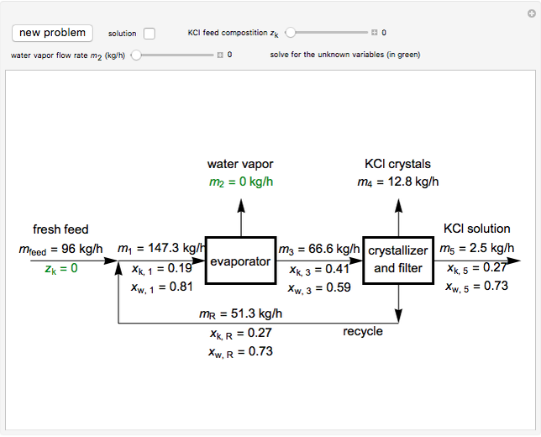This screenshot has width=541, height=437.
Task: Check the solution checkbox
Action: click(150, 34)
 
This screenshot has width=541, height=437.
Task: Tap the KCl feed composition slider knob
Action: click(290, 33)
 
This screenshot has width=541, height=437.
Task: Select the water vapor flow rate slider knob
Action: click(135, 55)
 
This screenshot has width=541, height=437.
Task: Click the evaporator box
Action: click(241, 261)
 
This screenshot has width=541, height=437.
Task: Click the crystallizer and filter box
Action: click(398, 260)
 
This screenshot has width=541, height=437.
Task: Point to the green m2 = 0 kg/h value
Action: click(241, 182)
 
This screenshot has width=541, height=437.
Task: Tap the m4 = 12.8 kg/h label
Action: click(398, 182)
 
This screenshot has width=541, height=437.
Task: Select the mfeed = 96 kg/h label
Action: click(60, 249)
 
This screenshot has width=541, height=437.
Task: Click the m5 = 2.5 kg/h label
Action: click(479, 248)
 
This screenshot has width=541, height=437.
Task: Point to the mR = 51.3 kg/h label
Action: click(240, 314)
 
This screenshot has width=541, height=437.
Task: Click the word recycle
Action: click(362, 331)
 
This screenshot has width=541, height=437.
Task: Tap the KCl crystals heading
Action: click(398, 164)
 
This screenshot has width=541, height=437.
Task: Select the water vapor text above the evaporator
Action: click(240, 164)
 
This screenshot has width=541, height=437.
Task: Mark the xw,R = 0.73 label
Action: click(240, 352)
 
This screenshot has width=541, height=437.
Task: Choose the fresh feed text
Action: click(60, 229)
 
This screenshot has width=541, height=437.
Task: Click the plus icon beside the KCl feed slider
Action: click(375, 33)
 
